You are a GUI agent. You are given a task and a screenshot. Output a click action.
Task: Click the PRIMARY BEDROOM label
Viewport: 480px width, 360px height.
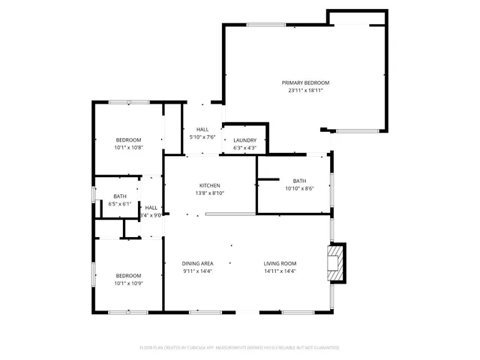(305, 82)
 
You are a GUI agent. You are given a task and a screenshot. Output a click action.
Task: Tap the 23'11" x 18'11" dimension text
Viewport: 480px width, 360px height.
(305, 91)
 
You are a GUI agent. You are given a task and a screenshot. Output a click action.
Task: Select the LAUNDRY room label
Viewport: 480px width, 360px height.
(245, 140)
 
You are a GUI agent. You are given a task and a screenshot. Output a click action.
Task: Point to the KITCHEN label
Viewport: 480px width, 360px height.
(209, 185)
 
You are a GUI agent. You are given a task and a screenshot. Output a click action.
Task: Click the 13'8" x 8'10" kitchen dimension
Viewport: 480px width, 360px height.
(209, 193)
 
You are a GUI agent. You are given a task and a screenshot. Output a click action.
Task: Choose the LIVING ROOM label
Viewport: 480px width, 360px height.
(280, 263)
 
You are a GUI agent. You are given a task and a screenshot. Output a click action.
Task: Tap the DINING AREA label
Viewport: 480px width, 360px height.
(198, 263)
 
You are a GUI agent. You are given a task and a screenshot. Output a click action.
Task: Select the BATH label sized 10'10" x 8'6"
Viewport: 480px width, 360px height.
(299, 181)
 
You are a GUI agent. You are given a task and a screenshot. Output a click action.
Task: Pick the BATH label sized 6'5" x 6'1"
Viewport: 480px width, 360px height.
(120, 196)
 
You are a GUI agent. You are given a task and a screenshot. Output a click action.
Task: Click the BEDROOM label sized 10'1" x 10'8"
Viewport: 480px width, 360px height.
(128, 140)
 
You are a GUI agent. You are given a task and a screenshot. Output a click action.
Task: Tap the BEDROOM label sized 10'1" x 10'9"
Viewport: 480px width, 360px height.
(128, 276)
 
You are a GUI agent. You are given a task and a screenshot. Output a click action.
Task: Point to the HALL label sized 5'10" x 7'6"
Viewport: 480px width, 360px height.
(202, 130)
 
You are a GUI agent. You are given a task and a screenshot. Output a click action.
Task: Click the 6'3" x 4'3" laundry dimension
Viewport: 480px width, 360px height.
(245, 148)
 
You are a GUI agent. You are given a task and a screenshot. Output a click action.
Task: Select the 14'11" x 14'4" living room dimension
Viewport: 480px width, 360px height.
(280, 271)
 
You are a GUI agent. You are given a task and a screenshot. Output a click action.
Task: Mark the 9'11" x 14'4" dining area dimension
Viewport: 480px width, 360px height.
(198, 271)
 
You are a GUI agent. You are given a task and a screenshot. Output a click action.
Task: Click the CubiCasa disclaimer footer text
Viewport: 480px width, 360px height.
(240, 347)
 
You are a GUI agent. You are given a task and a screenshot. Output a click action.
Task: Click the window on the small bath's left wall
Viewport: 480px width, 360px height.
(94, 194)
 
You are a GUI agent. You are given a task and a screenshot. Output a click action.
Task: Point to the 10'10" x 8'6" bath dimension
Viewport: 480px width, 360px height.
(299, 189)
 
